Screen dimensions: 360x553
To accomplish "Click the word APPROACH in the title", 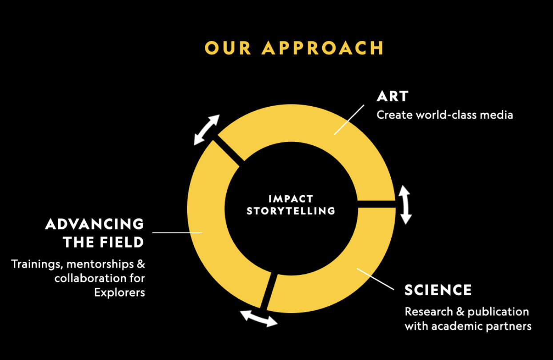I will tap(323, 48).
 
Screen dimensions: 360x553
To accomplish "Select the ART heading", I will tap(392, 96).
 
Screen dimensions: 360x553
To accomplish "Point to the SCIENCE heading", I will tap(438, 290).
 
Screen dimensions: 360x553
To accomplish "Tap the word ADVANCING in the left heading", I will tap(95, 224).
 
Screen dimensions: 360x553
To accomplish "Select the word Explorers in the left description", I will tap(120, 292).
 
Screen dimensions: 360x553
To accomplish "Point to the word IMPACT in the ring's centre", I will tap(291, 199).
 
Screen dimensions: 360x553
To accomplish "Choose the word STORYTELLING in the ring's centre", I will tap(291, 211).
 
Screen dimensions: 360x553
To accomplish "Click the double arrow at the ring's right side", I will tap(405, 204).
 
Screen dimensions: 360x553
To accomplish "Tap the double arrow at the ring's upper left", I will tap(207, 129).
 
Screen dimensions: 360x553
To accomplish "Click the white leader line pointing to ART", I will tap(349, 120).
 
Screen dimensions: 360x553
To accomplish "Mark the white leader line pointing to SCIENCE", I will tap(376, 279).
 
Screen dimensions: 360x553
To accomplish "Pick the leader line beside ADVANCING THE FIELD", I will tap(177, 232).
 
